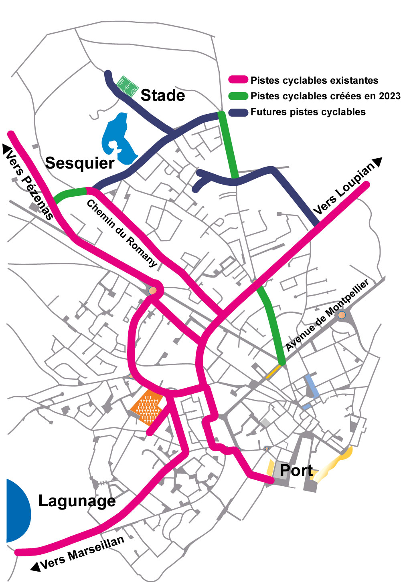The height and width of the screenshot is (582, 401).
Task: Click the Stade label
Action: click(x=163, y=95)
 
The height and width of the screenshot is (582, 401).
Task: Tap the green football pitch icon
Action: click(x=128, y=87)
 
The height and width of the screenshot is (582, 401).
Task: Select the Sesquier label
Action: click(x=80, y=163)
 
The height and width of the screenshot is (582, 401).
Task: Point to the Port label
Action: click(x=296, y=470)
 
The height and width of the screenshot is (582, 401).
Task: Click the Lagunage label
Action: click(x=77, y=501)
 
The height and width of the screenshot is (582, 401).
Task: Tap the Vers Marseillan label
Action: click(x=83, y=553)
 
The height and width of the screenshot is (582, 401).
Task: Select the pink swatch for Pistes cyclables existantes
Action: click(x=238, y=80)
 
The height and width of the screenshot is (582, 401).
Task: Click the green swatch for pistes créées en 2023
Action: click(x=238, y=96)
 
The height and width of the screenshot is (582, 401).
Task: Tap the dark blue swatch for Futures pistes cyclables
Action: click(x=238, y=112)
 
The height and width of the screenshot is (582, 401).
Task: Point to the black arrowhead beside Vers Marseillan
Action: click(x=35, y=566)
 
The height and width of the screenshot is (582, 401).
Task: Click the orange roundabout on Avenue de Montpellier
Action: click(x=342, y=315)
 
